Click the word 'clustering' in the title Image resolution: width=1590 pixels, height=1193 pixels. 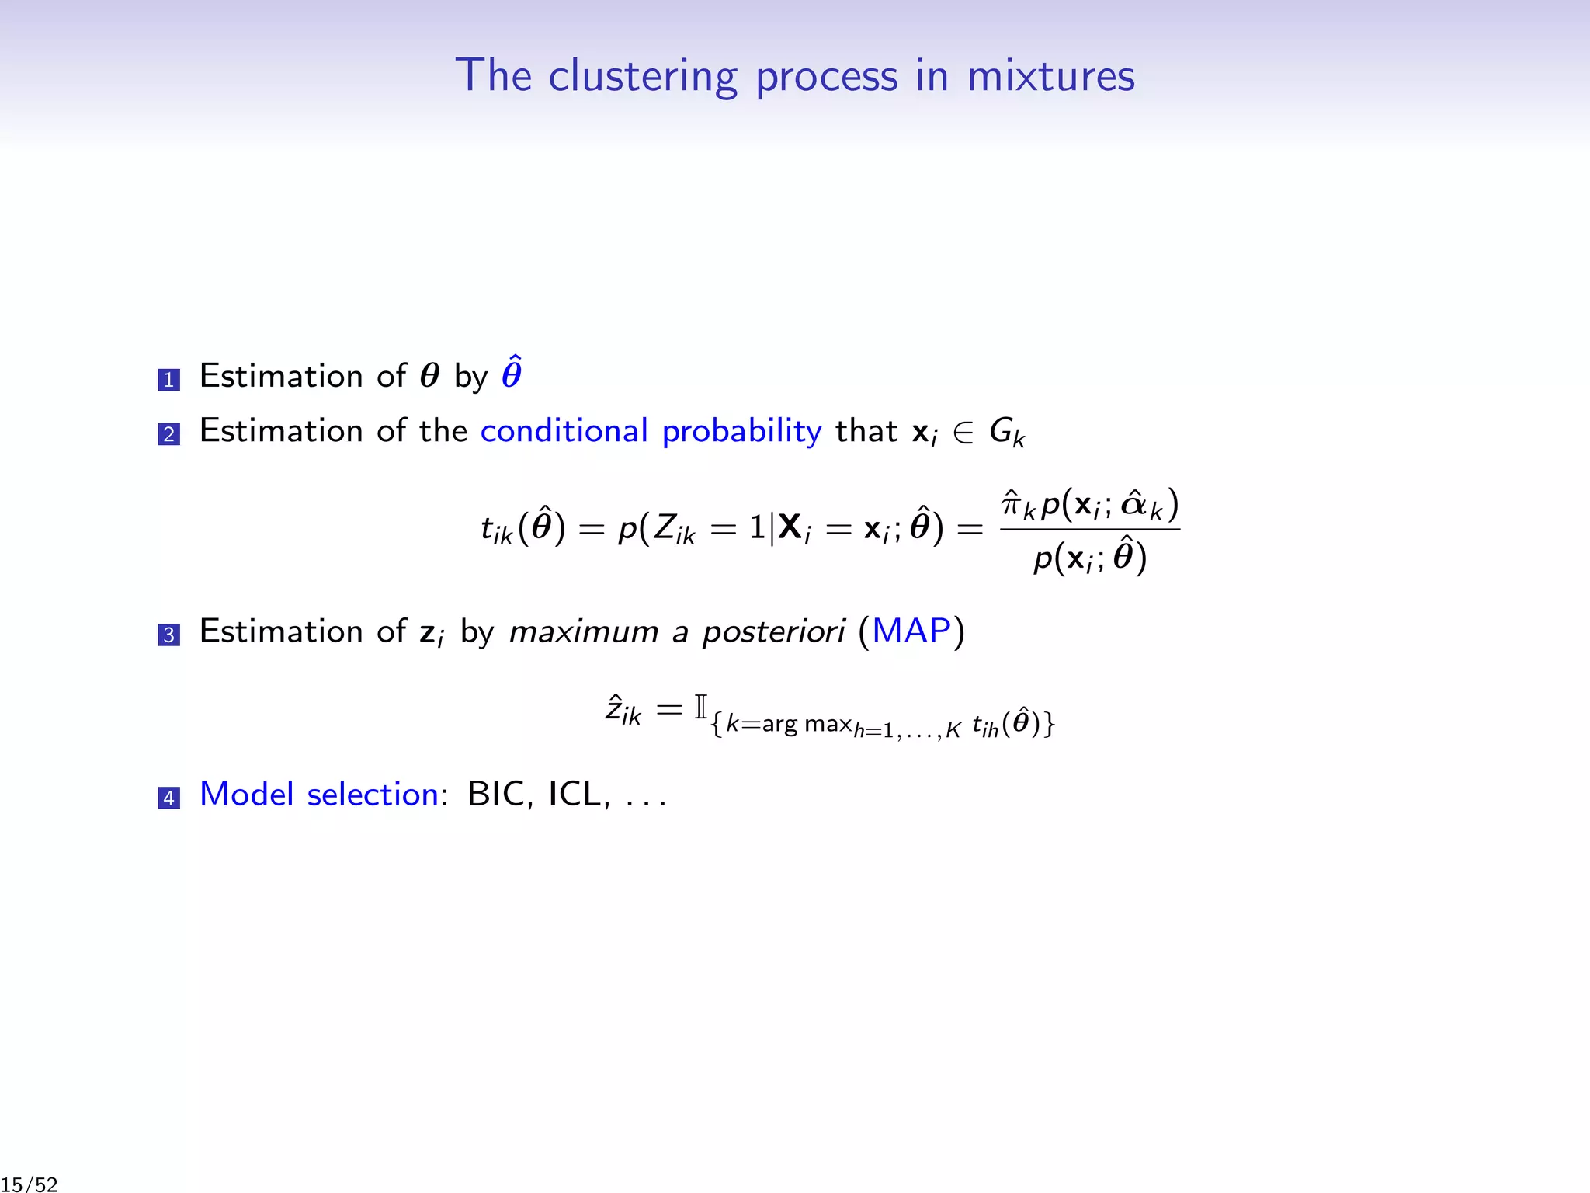pos(642,76)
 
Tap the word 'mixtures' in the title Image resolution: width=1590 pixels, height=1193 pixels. pos(1050,76)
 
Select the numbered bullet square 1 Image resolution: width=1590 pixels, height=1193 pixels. pos(168,380)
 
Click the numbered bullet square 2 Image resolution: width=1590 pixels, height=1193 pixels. pos(168,434)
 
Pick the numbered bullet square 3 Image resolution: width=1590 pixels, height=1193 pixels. pos(168,635)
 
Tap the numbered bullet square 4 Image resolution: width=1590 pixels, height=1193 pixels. pos(168,798)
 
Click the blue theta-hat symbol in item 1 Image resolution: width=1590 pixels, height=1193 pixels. pos(512,374)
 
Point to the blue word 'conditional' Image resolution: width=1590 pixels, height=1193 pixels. pos(564,431)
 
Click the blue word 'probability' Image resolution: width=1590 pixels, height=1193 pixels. pos(741,432)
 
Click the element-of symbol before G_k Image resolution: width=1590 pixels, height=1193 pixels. pos(963,433)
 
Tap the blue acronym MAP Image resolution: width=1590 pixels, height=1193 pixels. pos(911,631)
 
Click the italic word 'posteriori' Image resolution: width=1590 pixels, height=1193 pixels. pos(773,632)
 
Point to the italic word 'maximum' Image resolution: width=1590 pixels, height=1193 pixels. pos(584,632)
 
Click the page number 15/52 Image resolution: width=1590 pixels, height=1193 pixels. pos(30,1184)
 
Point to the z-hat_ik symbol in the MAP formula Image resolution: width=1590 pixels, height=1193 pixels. pos(623,711)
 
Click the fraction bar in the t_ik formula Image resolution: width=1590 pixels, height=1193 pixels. pos(1090,530)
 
